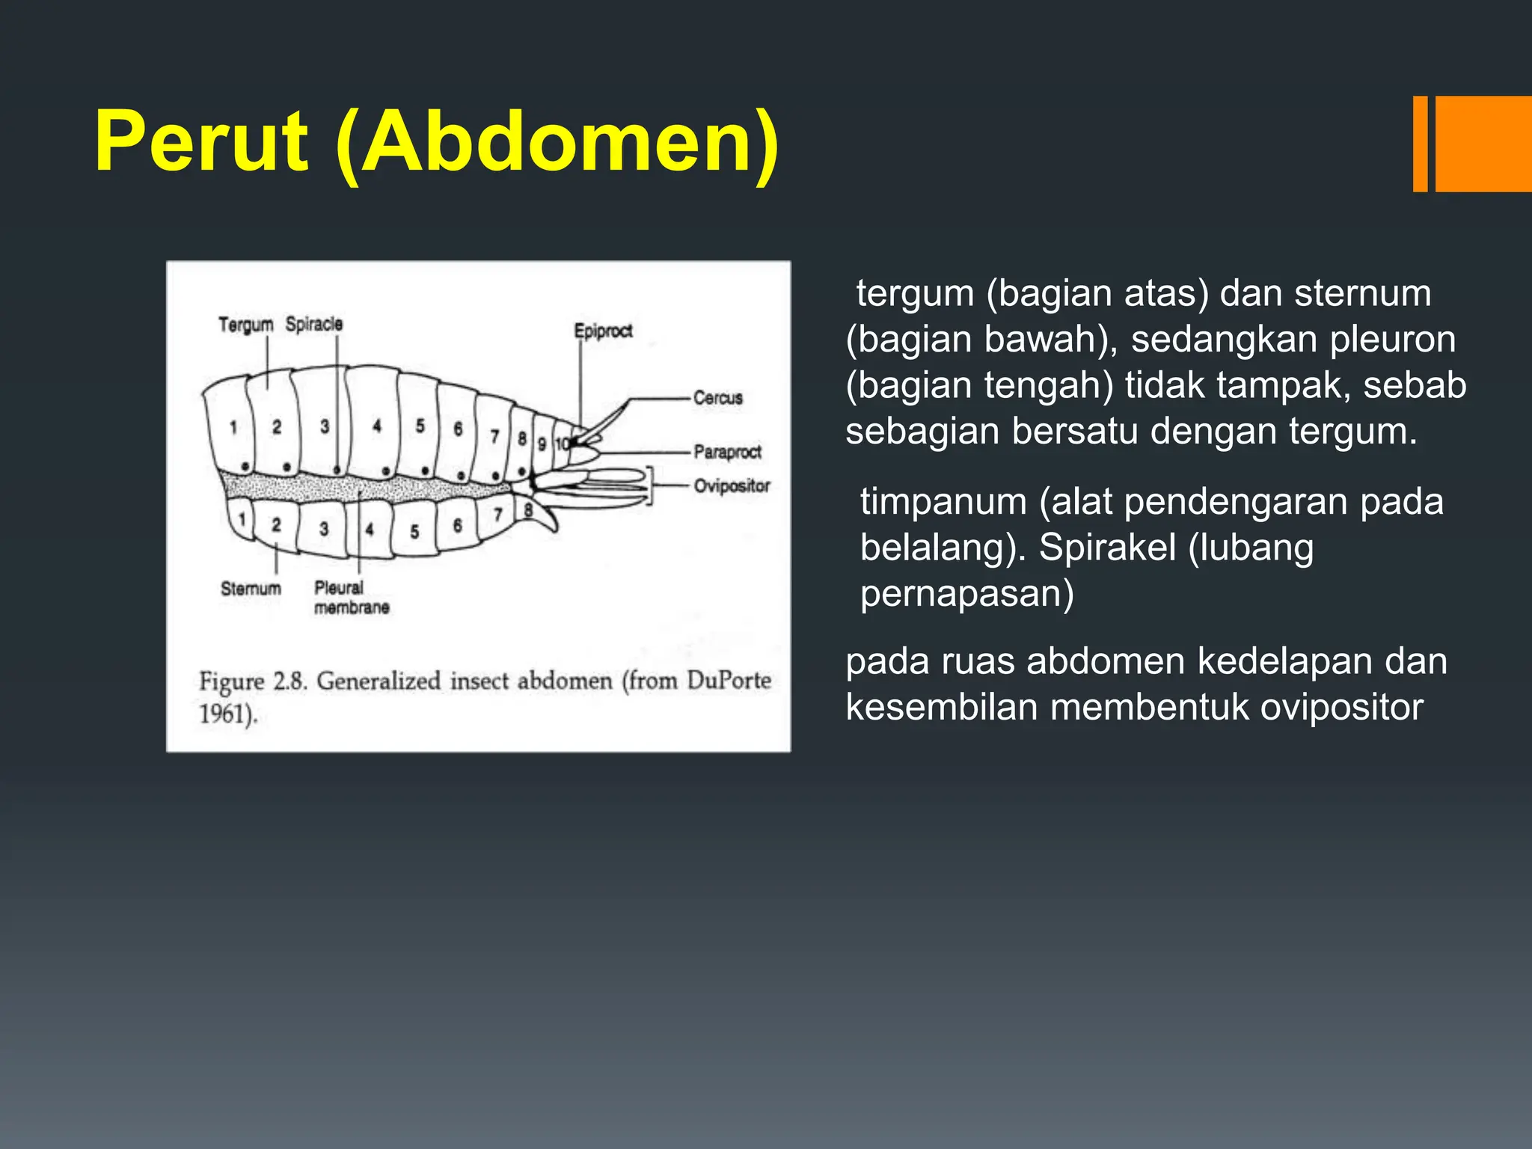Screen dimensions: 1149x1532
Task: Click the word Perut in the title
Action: click(x=200, y=142)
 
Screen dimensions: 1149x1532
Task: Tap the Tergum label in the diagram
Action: click(x=245, y=325)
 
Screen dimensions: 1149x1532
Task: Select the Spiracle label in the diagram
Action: click(x=314, y=324)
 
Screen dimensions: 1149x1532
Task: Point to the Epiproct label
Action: click(x=603, y=331)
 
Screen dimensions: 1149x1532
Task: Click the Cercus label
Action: click(x=717, y=398)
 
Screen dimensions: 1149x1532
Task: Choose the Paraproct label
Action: click(x=727, y=452)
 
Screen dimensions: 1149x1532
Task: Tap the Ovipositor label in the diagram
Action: click(x=732, y=486)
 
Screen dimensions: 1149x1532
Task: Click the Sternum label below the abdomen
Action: click(x=251, y=589)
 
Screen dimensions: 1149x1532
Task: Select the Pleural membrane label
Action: click(x=351, y=598)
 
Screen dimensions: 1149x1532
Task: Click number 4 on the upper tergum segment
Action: click(x=377, y=426)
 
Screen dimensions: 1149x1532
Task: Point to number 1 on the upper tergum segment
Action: click(x=233, y=427)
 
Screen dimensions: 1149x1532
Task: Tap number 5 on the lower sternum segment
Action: click(x=414, y=532)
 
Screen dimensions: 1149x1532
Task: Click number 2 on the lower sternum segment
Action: click(x=276, y=524)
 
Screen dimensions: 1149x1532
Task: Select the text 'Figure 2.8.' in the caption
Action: click(x=253, y=681)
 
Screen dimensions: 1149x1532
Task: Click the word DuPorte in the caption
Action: click(x=729, y=680)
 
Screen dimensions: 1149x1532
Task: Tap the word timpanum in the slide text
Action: click(x=943, y=502)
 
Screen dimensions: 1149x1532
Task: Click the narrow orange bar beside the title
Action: click(x=1420, y=144)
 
